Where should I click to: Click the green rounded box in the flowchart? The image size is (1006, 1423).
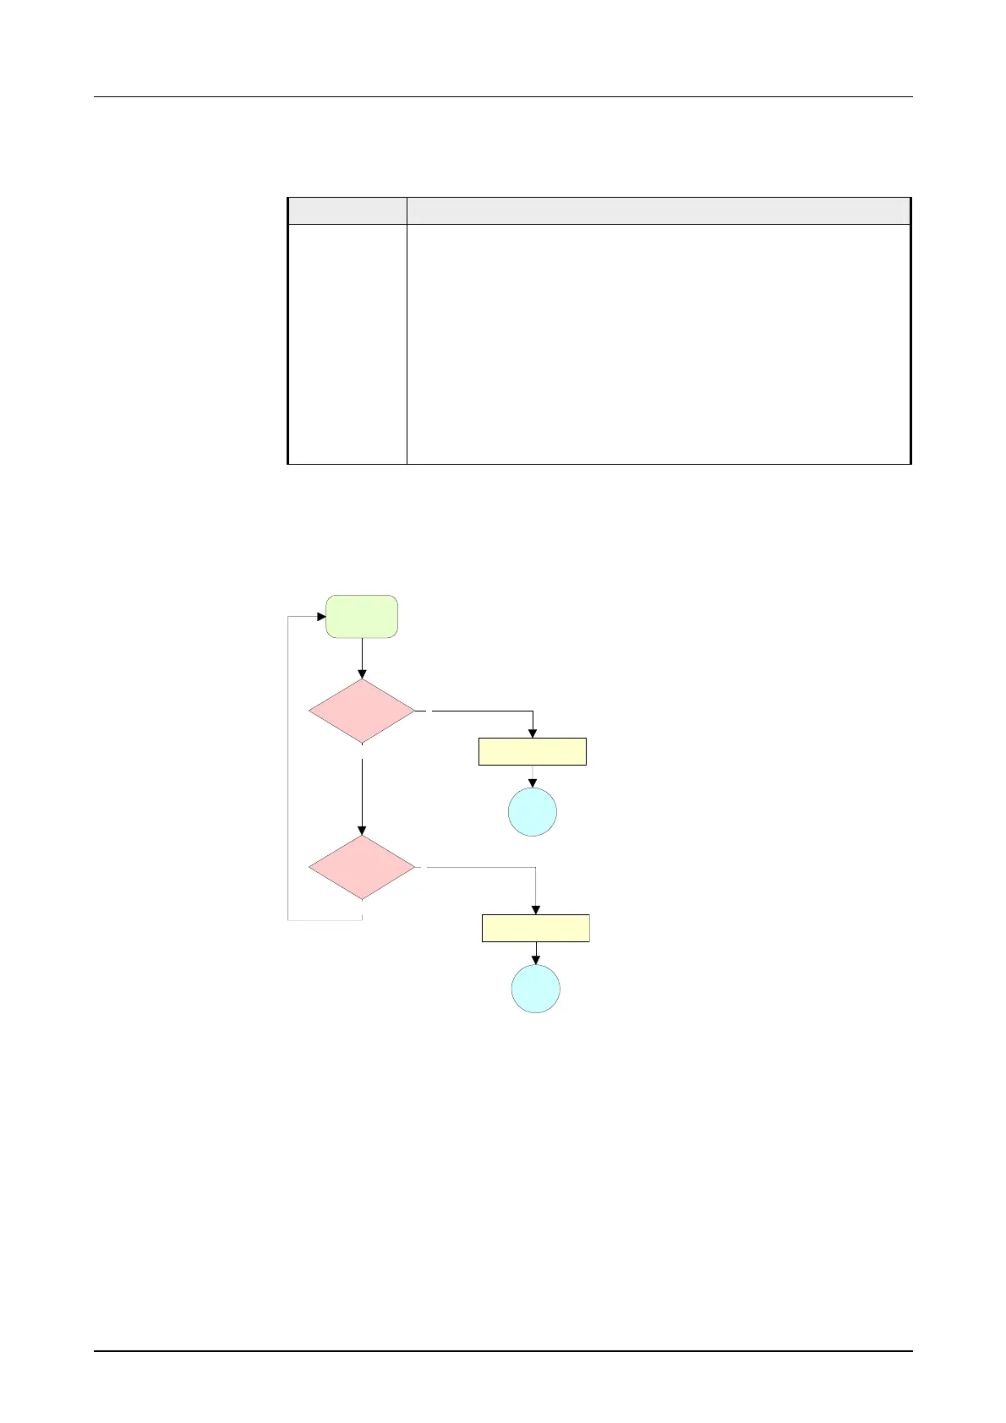(362, 616)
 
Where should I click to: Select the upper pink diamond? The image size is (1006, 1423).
(362, 711)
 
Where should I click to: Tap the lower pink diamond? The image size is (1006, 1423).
(362, 868)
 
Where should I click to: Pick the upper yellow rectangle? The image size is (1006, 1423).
(532, 751)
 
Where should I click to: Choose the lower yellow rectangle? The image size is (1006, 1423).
(535, 928)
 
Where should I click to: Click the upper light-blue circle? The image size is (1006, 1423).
(532, 812)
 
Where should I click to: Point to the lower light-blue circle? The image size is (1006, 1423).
(535, 989)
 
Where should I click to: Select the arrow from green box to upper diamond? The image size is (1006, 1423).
(362, 658)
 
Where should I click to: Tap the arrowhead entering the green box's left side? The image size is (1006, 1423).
(321, 617)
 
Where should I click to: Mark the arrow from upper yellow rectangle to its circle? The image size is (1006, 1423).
(532, 777)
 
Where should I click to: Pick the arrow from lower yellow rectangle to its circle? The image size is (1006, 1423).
(535, 953)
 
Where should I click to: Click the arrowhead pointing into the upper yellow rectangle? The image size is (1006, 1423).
(533, 733)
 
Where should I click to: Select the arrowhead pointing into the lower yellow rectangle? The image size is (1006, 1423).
(536, 909)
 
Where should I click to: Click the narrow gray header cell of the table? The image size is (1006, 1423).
(347, 210)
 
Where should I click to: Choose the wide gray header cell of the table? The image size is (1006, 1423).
(658, 210)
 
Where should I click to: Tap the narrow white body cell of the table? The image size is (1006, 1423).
(347, 344)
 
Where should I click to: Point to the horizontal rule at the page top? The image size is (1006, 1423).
(503, 97)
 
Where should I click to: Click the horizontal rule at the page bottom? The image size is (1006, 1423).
(503, 1351)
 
